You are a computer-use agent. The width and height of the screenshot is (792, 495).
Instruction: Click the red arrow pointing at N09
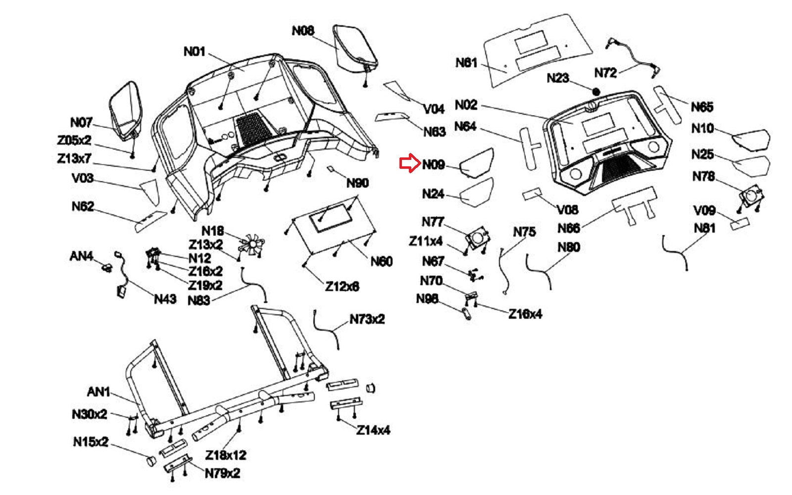coord(409,163)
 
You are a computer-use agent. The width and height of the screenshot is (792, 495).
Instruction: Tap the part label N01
coord(195,51)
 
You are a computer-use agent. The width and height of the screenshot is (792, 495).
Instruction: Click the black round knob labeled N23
coord(596,92)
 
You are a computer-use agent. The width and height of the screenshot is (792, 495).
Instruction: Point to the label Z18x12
coord(226,455)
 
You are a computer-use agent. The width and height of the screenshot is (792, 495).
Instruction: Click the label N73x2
coord(367,319)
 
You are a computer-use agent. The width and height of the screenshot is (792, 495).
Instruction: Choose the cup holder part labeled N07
coord(126,110)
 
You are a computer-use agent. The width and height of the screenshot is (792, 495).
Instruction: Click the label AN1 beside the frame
coord(99,392)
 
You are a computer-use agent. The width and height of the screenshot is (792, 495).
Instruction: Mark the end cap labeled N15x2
coord(150,460)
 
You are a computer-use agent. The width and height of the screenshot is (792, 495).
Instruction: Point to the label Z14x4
coord(373,430)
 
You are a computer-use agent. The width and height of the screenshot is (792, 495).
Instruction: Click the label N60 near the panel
coord(382,261)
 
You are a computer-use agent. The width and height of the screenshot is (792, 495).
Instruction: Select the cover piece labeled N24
coord(477,192)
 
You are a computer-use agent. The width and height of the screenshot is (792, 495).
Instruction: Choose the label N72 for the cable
coord(606,73)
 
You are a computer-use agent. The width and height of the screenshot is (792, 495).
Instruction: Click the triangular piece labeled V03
coord(149,191)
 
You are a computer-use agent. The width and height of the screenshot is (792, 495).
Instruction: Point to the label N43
coord(165,299)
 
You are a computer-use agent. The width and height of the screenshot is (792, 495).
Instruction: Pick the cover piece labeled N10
coord(750,139)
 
